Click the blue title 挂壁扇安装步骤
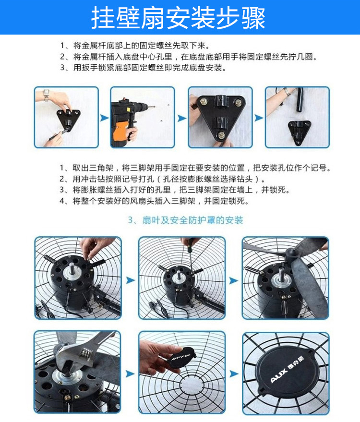coord(178,18)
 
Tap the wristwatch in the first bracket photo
coord(46,95)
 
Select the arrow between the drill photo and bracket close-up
coord(181,118)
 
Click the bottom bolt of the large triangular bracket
coord(221,135)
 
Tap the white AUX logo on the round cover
coord(287,369)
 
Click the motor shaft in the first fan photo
coord(72,268)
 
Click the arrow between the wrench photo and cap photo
coord(130,374)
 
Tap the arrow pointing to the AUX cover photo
coord(234,374)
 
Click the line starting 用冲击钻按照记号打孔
coord(162,179)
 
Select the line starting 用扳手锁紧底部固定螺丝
coord(143,68)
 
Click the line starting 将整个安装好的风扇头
coord(154,201)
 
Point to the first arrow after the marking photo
coord(104,118)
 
